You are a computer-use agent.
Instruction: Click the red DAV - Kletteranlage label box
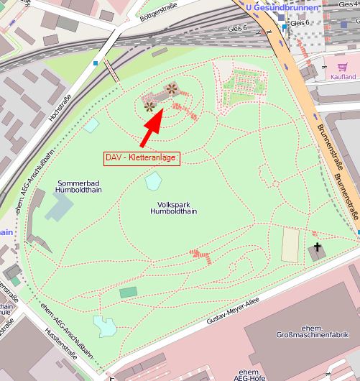[x=140, y=157]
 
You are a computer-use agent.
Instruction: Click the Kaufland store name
[x=343, y=76]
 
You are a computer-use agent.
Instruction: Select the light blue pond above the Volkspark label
[x=153, y=181]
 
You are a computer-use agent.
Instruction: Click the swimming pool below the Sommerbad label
[x=59, y=207]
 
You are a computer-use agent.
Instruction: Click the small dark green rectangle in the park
[x=128, y=292]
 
